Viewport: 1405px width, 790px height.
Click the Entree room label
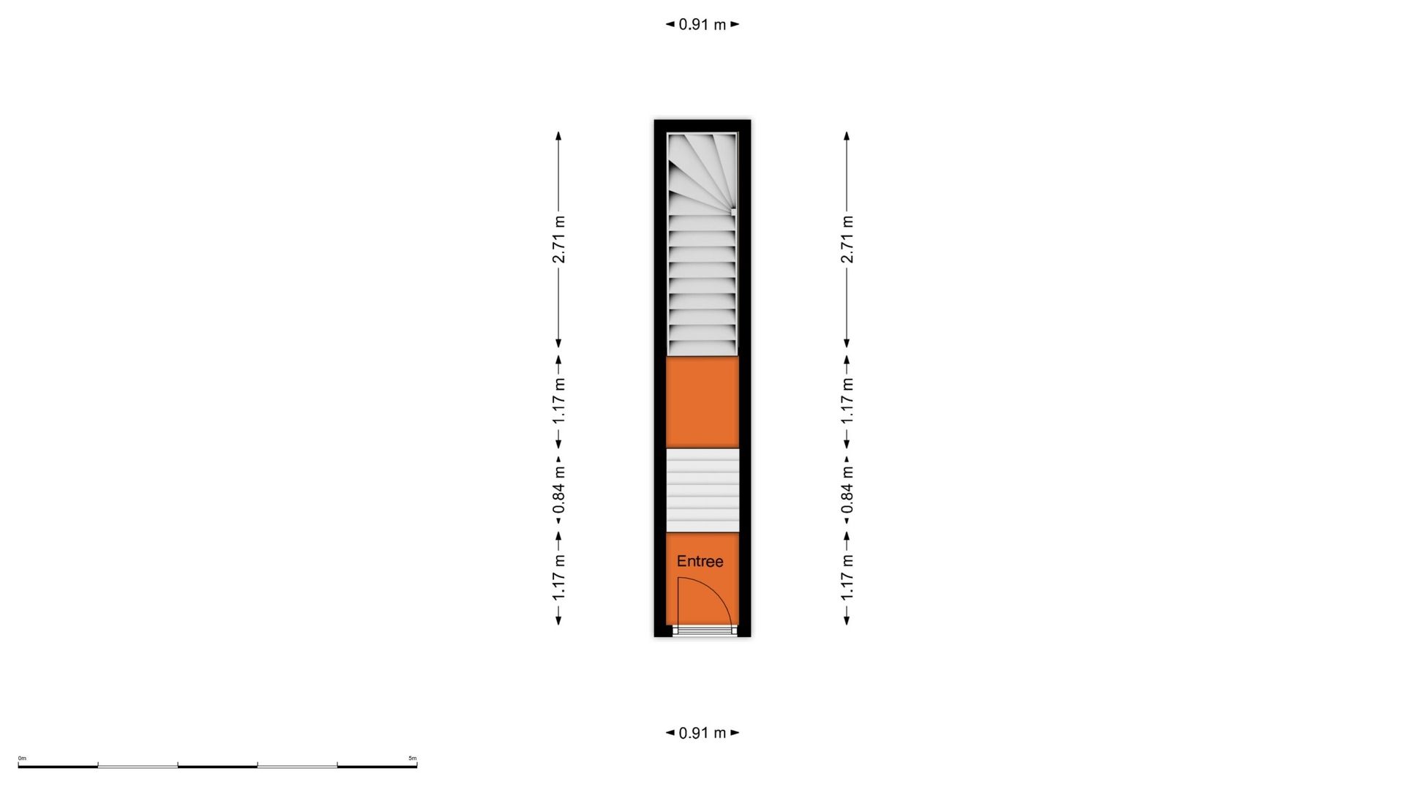tap(700, 561)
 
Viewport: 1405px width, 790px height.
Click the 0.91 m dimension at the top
tap(702, 24)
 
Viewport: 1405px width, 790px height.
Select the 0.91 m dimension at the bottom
tap(702, 732)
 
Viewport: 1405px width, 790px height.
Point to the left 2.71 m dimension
tap(558, 240)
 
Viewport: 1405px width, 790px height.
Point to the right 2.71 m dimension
tap(847, 240)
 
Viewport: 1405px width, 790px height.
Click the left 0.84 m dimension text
tap(558, 489)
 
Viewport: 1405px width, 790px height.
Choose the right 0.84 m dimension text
tap(847, 489)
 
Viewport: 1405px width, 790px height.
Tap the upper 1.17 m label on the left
tap(558, 401)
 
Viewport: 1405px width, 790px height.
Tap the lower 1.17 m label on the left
tap(558, 577)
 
